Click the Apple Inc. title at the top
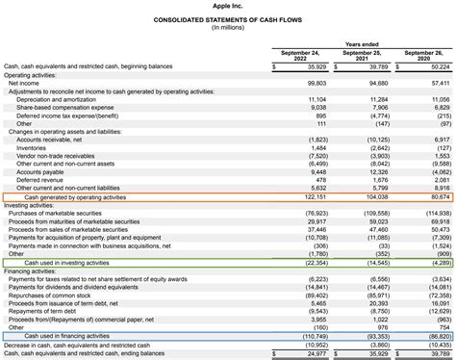(x=228, y=6)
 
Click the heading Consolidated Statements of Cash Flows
(x=228, y=18)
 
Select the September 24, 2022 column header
(x=302, y=56)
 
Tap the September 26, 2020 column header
(x=425, y=56)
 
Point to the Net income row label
(x=24, y=83)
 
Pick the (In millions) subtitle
(x=228, y=27)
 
